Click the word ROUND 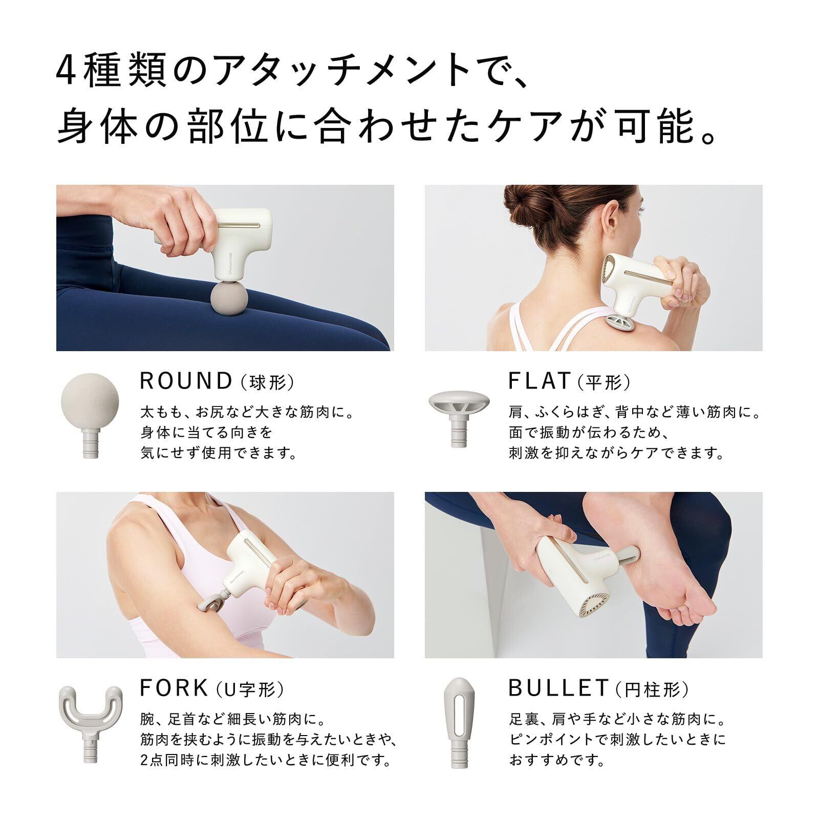point(186,381)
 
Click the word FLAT point(539,381)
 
